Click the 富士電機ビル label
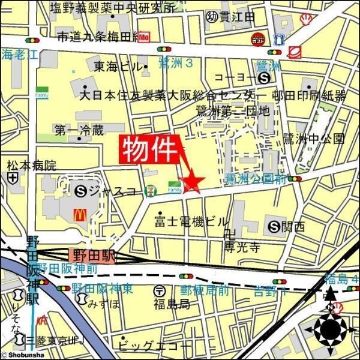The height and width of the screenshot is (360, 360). point(192,220)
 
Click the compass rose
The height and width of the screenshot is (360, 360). point(329,328)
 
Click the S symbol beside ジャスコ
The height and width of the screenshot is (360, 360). point(82,192)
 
